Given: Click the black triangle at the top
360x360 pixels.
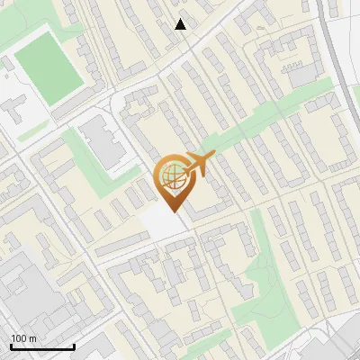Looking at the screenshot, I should (181, 24).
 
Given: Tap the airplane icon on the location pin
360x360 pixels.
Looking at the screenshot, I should (200, 163).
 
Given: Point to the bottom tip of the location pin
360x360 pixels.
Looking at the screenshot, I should (174, 211).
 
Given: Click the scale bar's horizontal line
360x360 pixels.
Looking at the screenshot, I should (42, 347).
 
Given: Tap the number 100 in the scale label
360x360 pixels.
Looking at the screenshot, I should (19, 338).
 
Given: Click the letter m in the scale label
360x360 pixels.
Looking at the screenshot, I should (32, 338).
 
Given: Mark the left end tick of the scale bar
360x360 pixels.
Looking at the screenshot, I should (11, 346).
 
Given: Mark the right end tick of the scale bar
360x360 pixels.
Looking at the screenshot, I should (74, 346).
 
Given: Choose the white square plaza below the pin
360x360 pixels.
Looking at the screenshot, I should (163, 220).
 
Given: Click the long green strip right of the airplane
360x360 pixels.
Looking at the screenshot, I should (261, 125).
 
